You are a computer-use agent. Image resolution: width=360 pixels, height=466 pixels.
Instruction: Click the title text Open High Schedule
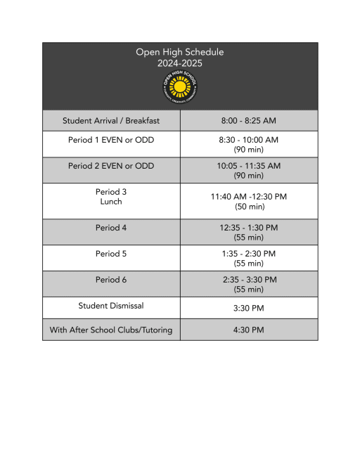point(180,52)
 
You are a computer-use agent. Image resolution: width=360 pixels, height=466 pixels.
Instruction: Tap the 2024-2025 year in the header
point(180,63)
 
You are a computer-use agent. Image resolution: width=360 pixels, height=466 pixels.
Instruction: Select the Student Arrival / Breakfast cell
point(111,121)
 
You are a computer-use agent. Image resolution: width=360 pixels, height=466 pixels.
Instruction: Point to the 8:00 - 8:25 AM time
point(249,121)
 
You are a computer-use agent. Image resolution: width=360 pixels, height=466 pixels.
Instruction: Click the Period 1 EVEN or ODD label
point(111,140)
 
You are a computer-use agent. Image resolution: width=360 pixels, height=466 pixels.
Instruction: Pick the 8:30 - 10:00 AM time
point(249,140)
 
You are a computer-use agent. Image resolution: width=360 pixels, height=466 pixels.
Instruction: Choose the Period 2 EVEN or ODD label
point(111,166)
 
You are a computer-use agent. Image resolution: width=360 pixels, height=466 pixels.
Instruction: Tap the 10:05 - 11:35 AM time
point(249,166)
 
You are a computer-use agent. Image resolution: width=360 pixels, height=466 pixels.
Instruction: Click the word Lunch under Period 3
point(111,202)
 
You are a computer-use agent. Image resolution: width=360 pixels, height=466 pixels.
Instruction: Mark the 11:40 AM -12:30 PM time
point(249,197)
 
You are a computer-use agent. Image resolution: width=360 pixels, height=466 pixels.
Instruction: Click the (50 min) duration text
point(249,207)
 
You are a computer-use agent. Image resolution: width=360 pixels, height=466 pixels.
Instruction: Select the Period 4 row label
point(111,228)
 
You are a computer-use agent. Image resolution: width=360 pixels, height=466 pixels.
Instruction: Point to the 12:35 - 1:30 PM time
point(249,228)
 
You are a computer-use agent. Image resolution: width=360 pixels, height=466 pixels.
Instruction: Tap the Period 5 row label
point(111,254)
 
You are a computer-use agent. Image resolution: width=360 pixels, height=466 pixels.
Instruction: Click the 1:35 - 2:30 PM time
point(249,254)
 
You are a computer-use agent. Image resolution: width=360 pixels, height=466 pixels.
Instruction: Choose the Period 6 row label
point(111,280)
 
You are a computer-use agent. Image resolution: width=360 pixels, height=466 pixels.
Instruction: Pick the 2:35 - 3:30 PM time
point(249,280)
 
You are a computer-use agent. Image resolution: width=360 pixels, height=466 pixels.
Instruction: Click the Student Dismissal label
point(111,305)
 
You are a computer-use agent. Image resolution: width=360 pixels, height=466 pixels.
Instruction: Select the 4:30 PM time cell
point(249,330)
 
